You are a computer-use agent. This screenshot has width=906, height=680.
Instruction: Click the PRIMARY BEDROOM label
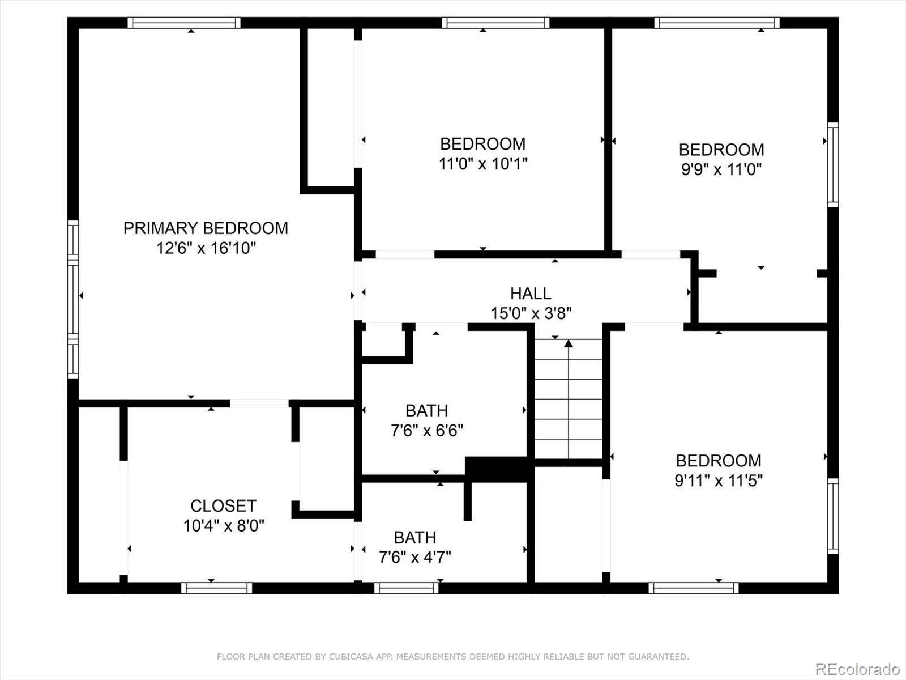(206, 228)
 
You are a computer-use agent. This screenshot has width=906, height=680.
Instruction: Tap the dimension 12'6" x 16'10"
(206, 248)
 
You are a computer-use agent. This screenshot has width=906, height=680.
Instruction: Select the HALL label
(531, 293)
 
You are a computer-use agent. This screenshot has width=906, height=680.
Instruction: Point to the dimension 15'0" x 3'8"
(531, 313)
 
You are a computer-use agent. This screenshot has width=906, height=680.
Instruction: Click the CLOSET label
(223, 505)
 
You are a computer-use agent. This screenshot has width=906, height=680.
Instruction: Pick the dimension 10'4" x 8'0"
(223, 526)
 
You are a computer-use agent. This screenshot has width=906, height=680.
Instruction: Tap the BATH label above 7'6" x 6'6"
(426, 410)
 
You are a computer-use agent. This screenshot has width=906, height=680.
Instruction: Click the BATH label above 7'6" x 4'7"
(414, 537)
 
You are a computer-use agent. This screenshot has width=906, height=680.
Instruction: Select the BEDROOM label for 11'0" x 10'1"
(482, 143)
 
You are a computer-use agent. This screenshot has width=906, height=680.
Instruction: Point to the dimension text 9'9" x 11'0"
(721, 169)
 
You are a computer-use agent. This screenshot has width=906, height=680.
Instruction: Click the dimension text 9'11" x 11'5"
(718, 481)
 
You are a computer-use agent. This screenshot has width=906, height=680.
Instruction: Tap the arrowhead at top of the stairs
(569, 343)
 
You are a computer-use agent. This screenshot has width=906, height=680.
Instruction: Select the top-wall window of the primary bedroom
(184, 23)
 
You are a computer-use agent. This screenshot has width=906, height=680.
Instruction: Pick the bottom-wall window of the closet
(217, 588)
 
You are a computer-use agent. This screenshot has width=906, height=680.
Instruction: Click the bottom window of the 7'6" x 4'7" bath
(406, 588)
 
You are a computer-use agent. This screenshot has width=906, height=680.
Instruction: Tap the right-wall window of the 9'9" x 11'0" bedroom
(832, 164)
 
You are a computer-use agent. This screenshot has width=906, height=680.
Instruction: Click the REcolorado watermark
(857, 669)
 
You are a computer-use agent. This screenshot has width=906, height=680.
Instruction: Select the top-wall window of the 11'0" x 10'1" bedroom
(495, 23)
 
